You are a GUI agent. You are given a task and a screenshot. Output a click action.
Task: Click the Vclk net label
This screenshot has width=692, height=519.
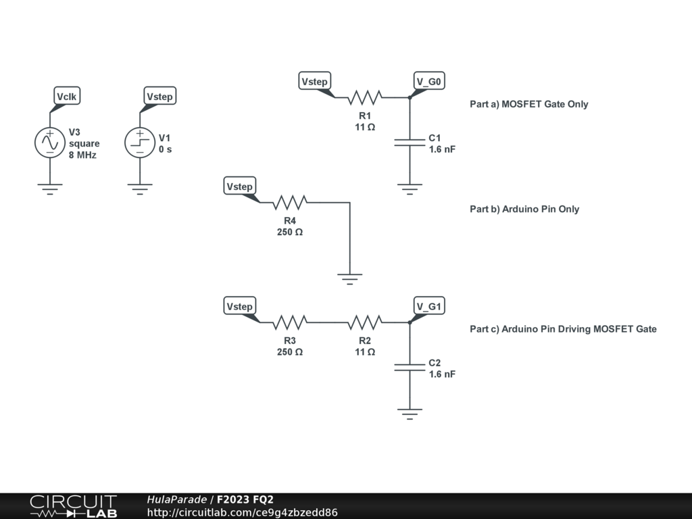tap(67, 97)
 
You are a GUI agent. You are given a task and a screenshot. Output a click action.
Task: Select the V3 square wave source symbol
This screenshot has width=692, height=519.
tap(49, 143)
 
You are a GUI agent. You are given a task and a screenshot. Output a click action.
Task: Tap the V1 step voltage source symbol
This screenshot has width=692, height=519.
tap(140, 143)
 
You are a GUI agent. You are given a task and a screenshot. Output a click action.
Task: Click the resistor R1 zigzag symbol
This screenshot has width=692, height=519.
tap(365, 97)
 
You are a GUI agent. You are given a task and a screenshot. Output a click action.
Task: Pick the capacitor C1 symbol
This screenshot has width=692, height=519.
tap(410, 143)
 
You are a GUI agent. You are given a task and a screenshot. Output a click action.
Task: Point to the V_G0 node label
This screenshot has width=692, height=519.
tap(428, 82)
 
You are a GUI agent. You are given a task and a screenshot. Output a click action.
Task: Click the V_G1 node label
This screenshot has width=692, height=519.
tap(428, 307)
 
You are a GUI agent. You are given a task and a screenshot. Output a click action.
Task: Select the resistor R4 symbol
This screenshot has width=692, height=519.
tap(290, 202)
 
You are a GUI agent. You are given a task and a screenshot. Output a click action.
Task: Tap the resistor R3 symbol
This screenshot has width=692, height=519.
tap(290, 322)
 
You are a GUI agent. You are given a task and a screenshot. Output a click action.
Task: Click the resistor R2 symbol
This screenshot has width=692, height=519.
tap(365, 322)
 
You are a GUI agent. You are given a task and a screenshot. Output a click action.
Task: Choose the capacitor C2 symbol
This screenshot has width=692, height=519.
tap(410, 368)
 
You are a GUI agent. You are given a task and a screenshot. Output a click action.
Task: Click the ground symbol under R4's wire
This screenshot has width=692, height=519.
tap(350, 277)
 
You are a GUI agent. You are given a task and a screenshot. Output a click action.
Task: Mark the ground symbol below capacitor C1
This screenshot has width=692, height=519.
tap(410, 187)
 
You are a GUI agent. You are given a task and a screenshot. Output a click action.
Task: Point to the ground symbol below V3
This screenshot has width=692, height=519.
tap(49, 187)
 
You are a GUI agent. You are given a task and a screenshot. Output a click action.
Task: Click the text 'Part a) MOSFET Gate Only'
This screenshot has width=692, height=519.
tap(528, 104)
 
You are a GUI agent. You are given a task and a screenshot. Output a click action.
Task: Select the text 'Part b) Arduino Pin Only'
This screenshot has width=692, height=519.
tap(524, 209)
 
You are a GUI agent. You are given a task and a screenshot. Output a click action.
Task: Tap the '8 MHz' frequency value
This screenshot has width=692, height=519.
tap(82, 155)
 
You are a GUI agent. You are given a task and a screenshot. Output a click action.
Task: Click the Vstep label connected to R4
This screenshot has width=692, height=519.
tap(239, 187)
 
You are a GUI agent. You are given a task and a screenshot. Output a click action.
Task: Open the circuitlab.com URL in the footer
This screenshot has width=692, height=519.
tap(242, 512)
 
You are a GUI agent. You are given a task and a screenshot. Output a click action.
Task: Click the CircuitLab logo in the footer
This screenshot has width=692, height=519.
tap(73, 506)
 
